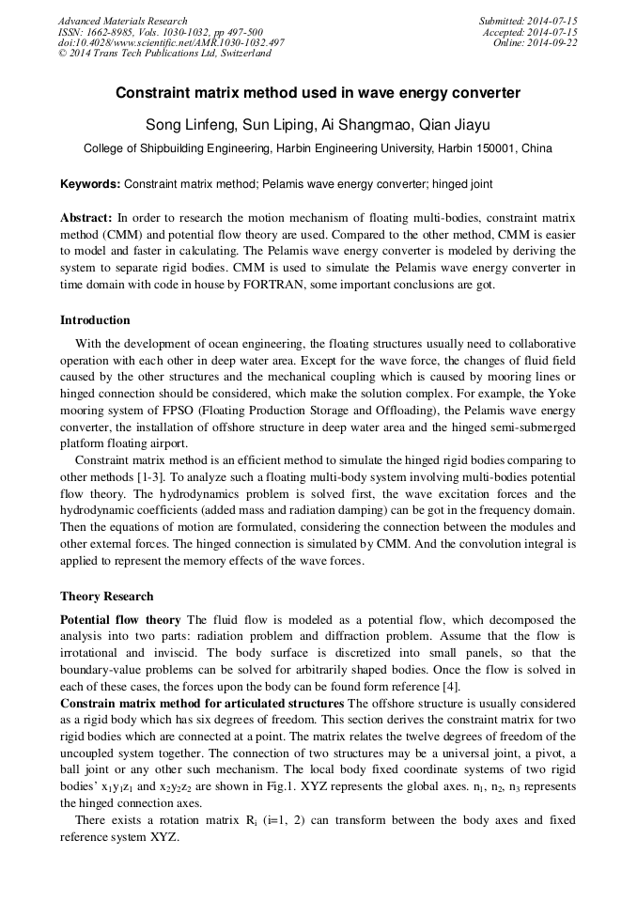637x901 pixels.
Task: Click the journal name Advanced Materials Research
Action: (122, 21)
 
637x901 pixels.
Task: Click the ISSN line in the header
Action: (161, 32)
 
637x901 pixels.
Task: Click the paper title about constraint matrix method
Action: (318, 94)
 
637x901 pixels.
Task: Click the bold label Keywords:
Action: (90, 185)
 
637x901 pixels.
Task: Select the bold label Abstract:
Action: (86, 217)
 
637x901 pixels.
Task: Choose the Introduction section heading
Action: (95, 320)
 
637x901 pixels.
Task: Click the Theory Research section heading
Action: (106, 597)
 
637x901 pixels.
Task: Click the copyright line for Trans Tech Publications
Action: (164, 54)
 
